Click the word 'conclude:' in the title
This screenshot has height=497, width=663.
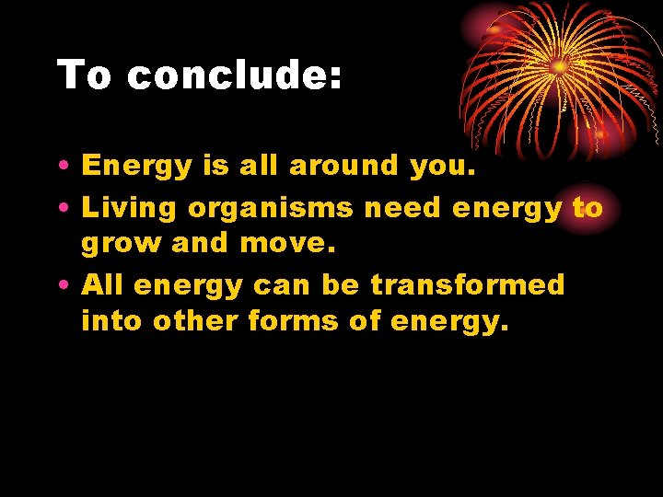pos(235,75)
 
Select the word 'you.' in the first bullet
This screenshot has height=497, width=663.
pos(437,168)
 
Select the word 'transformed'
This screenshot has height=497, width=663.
pos(468,284)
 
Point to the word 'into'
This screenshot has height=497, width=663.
pos(112,321)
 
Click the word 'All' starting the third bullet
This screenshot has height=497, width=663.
pos(103,284)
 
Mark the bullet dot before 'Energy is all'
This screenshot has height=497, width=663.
pos(62,167)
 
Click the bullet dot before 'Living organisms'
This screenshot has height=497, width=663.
pos(62,209)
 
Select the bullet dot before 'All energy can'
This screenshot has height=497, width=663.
pos(62,285)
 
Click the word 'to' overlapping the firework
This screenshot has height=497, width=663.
pos(587,208)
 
